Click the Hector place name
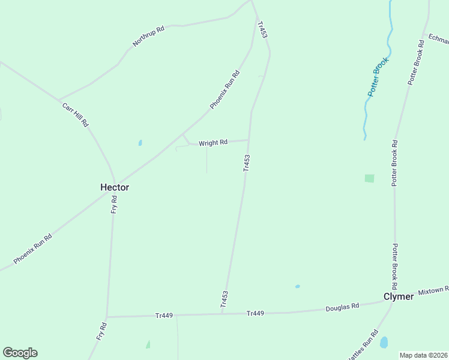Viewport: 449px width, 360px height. (114, 187)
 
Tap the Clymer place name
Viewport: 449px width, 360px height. (399, 297)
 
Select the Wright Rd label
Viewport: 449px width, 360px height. (213, 143)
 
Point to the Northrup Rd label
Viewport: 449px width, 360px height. (148, 37)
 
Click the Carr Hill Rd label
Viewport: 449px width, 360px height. (76, 114)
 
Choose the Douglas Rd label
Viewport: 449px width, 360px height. (342, 306)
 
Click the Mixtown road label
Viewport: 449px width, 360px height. (433, 290)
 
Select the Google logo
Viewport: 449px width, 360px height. (20, 353)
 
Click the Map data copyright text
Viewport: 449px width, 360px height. (423, 355)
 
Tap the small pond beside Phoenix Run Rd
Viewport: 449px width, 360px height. (140, 143)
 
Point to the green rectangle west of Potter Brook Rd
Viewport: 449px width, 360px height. (369, 178)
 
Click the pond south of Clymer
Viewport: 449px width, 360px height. (384, 342)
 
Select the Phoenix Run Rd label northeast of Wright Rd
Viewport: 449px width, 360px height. (224, 90)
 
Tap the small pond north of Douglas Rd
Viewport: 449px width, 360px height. (297, 286)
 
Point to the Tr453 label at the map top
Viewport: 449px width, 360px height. (262, 31)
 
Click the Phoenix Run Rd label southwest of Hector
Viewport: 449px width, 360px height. (33, 249)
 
